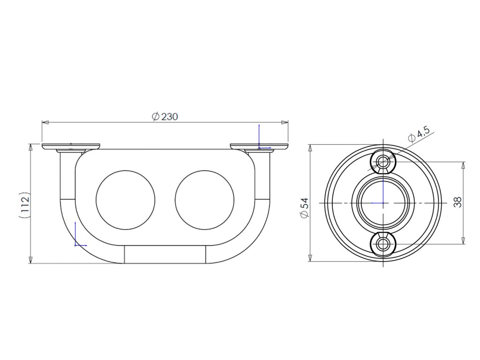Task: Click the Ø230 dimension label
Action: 165,117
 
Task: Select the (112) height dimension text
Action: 24,205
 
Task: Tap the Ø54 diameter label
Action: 305,208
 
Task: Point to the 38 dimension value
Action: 457,202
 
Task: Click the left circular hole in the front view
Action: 126,200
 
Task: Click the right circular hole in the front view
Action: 204,200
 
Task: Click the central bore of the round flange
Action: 383,202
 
